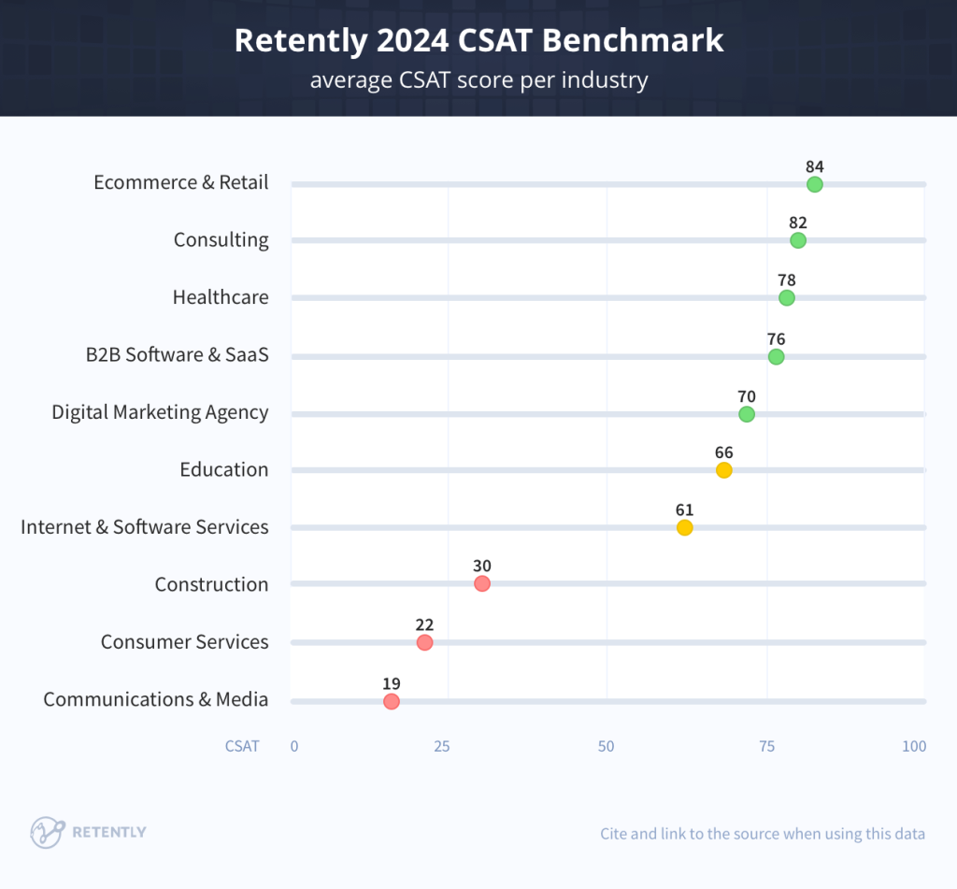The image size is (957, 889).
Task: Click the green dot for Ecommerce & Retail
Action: coord(814,184)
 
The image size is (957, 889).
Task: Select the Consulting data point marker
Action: coord(797,240)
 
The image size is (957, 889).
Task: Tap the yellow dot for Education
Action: coord(723,470)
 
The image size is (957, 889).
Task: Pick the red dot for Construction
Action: coord(481,584)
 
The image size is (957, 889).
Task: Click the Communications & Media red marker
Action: coord(391,701)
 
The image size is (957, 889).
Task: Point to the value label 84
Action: coord(814,166)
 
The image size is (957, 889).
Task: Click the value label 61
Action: coord(684,509)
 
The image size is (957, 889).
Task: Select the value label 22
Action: coord(424,624)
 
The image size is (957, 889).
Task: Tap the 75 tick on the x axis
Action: coord(766,746)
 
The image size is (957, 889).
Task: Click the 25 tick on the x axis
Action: coord(441,746)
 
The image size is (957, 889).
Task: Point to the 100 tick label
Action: coord(913,746)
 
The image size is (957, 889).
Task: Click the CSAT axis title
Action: coord(242,746)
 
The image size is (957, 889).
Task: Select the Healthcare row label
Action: coord(221,297)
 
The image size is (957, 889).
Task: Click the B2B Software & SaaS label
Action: coord(177,354)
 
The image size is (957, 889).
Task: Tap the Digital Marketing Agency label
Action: coord(160,412)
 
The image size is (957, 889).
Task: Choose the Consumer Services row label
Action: coord(184,641)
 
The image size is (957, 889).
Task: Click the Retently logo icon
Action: coord(47,831)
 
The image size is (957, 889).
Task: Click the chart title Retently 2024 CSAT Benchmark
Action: coord(478,40)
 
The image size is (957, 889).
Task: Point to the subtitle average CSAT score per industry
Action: coord(478,80)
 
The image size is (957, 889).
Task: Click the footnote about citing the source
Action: coord(763,833)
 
